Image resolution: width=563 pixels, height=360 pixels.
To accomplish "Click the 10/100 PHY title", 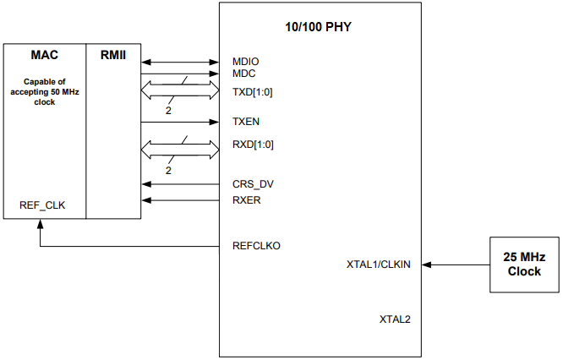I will (319, 27).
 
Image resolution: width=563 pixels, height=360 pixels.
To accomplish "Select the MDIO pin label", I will (246, 62).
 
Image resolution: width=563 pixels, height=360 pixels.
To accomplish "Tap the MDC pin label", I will (244, 74).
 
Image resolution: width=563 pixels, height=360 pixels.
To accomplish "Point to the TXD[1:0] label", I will (252, 90).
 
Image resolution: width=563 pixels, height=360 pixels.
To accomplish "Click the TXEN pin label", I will (246, 122).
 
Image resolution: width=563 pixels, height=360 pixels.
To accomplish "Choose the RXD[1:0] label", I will (253, 144).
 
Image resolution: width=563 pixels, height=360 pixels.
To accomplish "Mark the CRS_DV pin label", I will (253, 183).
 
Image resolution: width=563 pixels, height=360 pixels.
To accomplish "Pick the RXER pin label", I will (247, 199).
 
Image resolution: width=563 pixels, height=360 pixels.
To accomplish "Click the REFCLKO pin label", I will (256, 246).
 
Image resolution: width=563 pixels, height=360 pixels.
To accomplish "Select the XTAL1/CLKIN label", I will (378, 265).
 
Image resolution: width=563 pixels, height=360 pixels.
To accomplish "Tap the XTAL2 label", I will (395, 320).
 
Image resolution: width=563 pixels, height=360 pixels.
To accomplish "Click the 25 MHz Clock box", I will (524, 265).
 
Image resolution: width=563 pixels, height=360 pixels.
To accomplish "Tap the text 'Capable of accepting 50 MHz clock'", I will (45, 92).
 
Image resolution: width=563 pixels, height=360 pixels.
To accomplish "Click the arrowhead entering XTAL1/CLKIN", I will (425, 265).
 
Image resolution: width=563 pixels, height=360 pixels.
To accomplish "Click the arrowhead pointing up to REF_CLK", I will (40, 223).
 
